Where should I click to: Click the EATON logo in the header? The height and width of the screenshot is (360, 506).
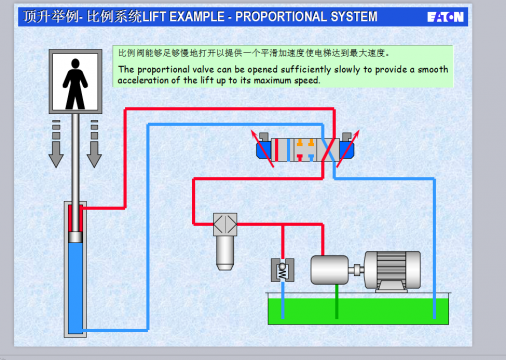click(445, 17)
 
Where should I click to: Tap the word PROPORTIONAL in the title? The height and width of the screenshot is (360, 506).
click(281, 17)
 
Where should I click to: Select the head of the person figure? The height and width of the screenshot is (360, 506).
click(75, 63)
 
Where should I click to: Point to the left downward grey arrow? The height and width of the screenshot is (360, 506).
click(56, 143)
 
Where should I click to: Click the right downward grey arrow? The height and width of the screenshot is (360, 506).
click(94, 143)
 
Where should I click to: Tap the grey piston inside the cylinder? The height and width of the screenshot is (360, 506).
click(75, 237)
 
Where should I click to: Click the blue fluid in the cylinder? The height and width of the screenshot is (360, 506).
click(75, 287)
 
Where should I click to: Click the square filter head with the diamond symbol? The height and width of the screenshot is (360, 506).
click(225, 224)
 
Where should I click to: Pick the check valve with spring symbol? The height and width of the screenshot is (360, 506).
click(282, 270)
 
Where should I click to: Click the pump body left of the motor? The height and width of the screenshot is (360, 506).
click(329, 270)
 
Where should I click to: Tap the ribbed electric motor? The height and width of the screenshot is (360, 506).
click(392, 271)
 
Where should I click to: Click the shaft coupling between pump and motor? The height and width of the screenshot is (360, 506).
click(356, 270)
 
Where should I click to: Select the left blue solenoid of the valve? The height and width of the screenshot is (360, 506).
click(264, 149)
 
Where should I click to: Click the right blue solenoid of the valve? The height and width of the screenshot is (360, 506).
click(347, 149)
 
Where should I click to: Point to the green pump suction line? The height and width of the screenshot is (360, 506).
click(337, 301)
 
